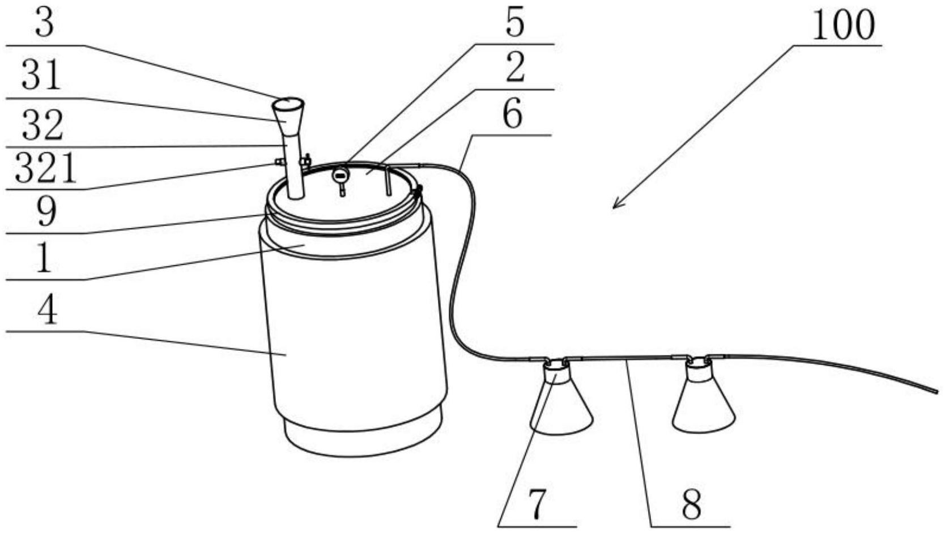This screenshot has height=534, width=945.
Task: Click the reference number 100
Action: [x=844, y=26]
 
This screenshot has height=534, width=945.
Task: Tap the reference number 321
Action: [x=45, y=168]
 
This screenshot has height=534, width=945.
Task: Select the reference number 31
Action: [x=41, y=75]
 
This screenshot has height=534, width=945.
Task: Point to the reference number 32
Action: [x=42, y=125]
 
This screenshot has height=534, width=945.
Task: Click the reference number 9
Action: [x=46, y=212]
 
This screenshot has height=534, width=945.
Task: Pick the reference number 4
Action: [x=47, y=310]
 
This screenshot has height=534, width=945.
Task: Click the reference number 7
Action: [x=537, y=504]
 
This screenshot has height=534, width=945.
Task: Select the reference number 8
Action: [x=691, y=504]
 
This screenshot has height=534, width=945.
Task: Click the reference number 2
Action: [x=515, y=67]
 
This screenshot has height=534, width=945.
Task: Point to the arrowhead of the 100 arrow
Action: [x=614, y=207]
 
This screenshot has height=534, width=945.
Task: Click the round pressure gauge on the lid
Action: [x=340, y=174]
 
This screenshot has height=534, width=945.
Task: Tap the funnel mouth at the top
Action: [x=288, y=103]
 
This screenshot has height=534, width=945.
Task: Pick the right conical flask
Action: [x=704, y=395]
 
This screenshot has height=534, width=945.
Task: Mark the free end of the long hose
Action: [x=937, y=391]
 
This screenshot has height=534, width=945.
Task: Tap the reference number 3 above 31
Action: [x=44, y=23]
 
